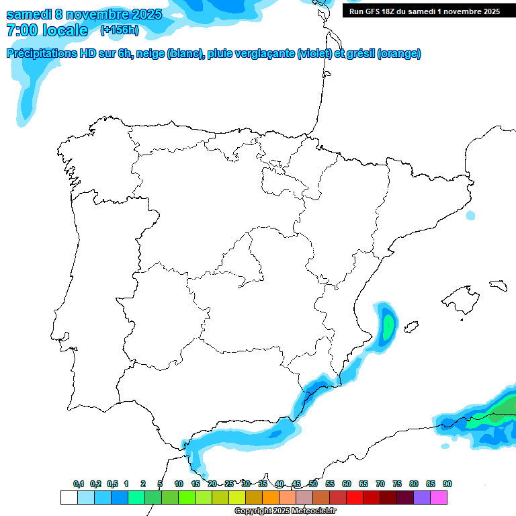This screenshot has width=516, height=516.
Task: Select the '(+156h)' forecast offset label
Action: (x=119, y=30)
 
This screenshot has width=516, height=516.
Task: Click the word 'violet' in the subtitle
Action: (x=314, y=54)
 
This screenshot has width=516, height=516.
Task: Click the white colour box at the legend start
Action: (x=69, y=498)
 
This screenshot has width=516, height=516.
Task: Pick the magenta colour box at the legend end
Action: (x=439, y=498)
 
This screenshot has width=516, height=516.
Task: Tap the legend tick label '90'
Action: (x=447, y=484)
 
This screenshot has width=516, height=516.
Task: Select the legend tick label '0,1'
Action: (x=78, y=484)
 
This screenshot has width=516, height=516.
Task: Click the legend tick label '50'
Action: (x=313, y=484)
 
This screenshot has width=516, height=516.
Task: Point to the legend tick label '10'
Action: (x=179, y=484)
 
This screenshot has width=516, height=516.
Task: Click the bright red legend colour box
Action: (x=355, y=498)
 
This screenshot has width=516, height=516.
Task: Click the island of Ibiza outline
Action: (x=411, y=327)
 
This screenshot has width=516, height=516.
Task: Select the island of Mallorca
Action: (x=460, y=294)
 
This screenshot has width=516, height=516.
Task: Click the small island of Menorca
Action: (x=498, y=285)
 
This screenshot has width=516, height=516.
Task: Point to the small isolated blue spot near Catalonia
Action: (x=470, y=216)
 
